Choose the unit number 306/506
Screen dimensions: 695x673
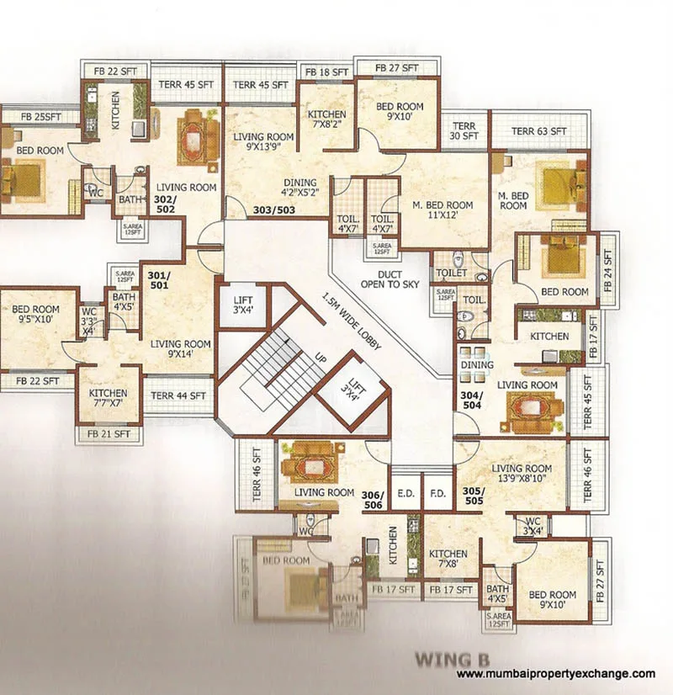coord(372,499)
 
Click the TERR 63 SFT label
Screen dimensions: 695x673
coord(538,131)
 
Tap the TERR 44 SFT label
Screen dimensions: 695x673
coord(178,395)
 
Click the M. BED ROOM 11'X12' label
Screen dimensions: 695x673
coord(442,210)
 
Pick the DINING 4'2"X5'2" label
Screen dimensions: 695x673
coord(299,188)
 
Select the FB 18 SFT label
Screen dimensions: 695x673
coord(326,73)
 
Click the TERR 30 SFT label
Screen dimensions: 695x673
coord(464,130)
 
